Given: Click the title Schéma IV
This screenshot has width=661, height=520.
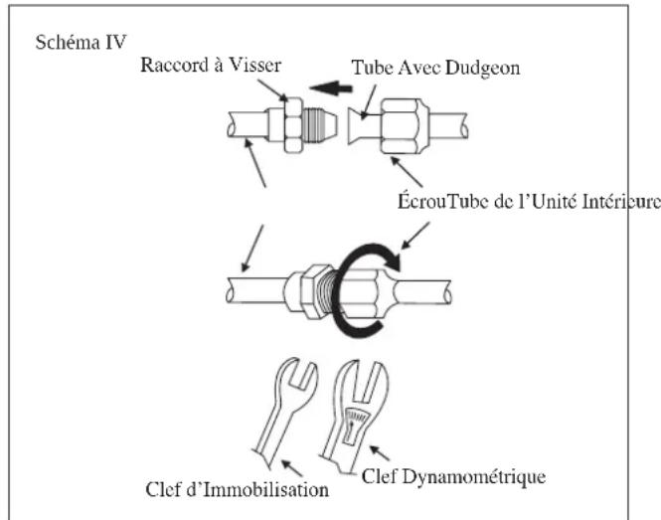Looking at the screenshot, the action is tap(81, 42).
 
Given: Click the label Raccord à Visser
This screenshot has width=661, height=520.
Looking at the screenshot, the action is tap(211, 65).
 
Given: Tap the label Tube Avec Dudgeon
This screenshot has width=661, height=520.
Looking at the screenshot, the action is tap(435, 68).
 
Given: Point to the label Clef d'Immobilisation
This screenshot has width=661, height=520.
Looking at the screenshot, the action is tap(237, 489).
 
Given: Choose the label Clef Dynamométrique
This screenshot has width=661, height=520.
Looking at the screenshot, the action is tap(453, 477).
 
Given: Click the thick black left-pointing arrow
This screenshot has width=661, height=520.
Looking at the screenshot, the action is tap(330, 87).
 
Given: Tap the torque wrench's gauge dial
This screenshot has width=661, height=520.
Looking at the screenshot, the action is tap(355, 426).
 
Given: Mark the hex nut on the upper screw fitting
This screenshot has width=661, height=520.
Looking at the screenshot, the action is tap(293, 125).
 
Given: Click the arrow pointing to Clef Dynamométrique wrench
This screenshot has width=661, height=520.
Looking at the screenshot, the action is tap(380, 452).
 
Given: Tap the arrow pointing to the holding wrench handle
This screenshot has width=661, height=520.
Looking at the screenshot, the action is tap(291, 468).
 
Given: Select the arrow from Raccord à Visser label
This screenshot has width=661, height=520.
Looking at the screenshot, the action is tap(272, 89).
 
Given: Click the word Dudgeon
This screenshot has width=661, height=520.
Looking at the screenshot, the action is tap(483, 69).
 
